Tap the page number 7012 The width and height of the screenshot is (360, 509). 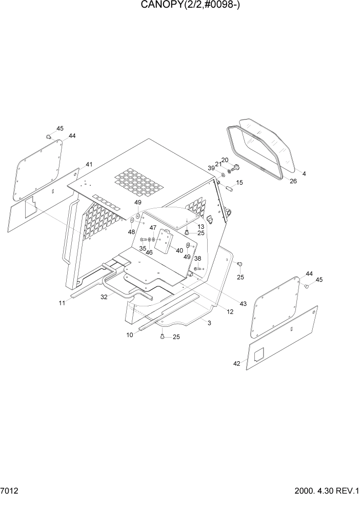pos(11,491)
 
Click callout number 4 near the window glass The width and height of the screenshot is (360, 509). pos(304,174)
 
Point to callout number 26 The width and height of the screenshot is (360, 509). pos(293,181)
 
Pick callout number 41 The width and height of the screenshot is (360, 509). pos(89,164)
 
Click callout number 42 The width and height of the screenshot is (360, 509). pos(236,363)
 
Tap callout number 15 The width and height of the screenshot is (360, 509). pos(239,183)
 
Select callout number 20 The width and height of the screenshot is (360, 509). pos(224,160)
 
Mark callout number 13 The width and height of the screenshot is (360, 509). pos(201,226)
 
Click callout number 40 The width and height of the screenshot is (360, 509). pos(179,250)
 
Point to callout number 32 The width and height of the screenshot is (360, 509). pos(104,297)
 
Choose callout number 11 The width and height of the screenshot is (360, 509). pos(62,303)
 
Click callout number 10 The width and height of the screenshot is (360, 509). pos(130,335)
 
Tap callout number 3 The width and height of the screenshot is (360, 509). pos(209,322)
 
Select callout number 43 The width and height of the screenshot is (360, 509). pos(243,304)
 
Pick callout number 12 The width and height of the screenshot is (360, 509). pos(230,311)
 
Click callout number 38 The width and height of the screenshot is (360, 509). pos(197,259)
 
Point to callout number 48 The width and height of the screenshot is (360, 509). pos(131,232)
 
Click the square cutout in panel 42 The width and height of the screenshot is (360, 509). pos(259,354)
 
